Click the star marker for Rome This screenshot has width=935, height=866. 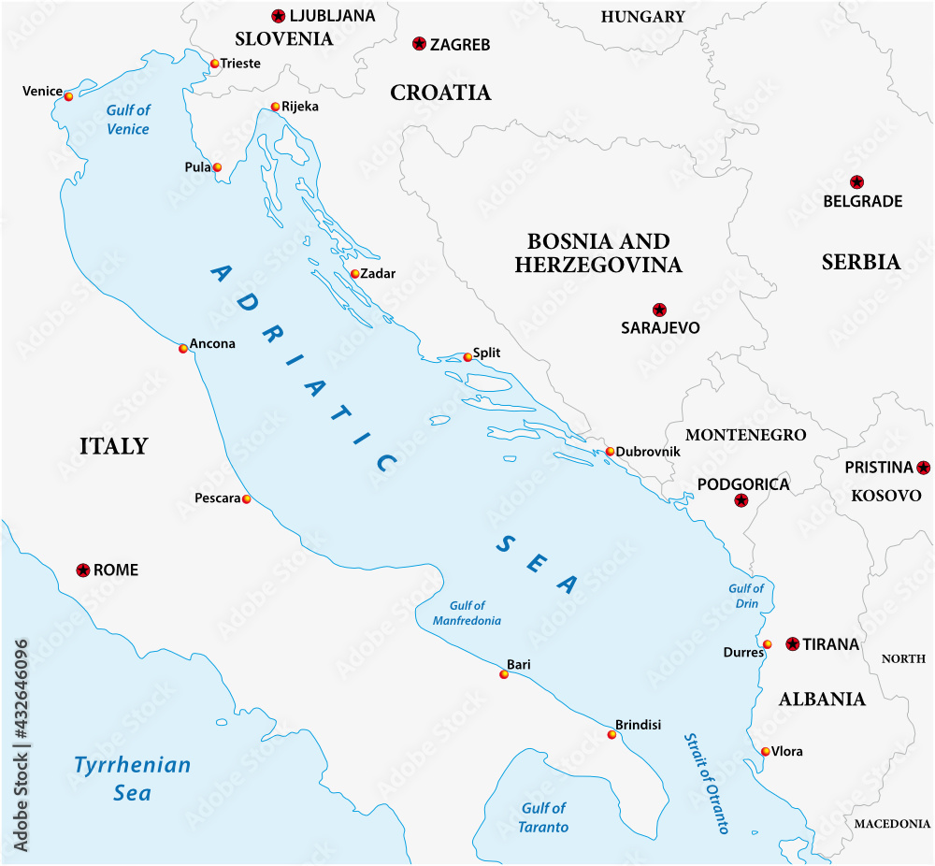pyautogui.click(x=82, y=570)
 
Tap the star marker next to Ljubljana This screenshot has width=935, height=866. pyautogui.click(x=278, y=15)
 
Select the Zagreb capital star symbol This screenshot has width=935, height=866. pyautogui.click(x=419, y=43)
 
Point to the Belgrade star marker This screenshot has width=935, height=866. pyautogui.click(x=856, y=181)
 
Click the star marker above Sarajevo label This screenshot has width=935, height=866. pyautogui.click(x=659, y=310)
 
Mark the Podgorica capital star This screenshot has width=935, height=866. pyautogui.click(x=741, y=500)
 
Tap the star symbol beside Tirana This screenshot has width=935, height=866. pyautogui.click(x=793, y=643)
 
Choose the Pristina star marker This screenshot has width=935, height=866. pyautogui.click(x=924, y=467)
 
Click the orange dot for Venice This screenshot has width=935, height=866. pyautogui.click(x=68, y=96)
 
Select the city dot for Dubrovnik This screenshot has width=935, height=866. pyautogui.click(x=610, y=452)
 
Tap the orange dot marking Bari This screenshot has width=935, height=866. pyautogui.click(x=504, y=673)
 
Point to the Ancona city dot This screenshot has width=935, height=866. pyautogui.click(x=183, y=348)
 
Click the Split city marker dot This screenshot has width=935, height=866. pyautogui.click(x=467, y=357)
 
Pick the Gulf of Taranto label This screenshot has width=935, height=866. pyautogui.click(x=543, y=816)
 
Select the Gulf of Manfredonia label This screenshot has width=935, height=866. pyautogui.click(x=467, y=613)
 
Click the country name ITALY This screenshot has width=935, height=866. pyautogui.click(x=113, y=445)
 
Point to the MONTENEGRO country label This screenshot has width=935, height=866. pyautogui.click(x=745, y=435)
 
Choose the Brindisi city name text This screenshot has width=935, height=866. pyautogui.click(x=638, y=725)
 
